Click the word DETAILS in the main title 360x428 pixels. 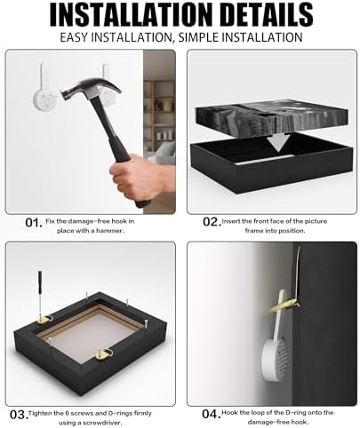coord(267,15)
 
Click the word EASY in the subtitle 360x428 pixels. coord(74,37)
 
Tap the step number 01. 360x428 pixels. coord(34,223)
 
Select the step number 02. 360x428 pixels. coord(212,222)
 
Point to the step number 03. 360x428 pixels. coord(19,415)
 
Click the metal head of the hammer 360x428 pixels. coord(92,88)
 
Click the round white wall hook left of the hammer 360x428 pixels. coord(44,100)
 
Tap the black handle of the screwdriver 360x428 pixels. coord(40,281)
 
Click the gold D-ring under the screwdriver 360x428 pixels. coord(44,320)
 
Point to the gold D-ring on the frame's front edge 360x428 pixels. coord(104,354)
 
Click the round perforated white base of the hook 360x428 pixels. coord(275,360)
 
